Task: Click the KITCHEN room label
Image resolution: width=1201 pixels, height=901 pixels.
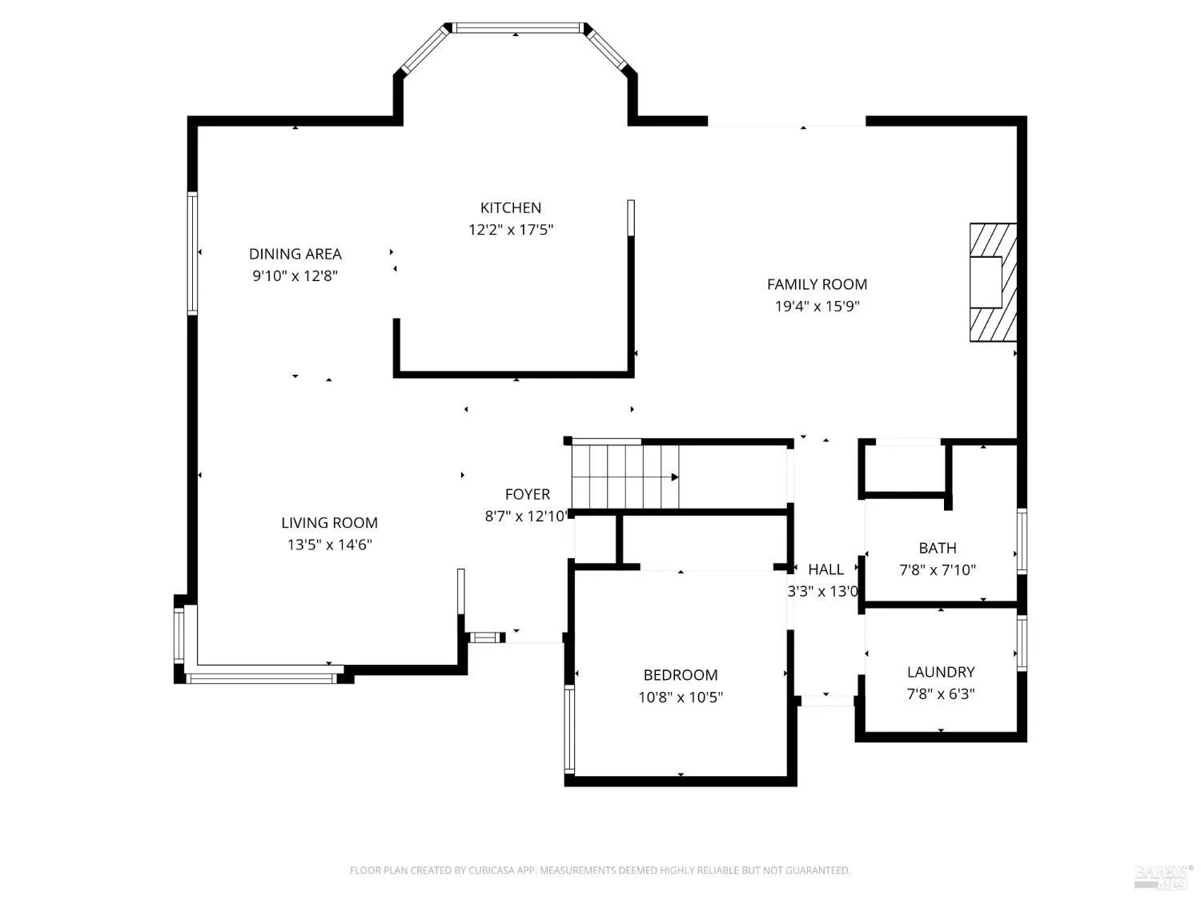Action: pos(511,208)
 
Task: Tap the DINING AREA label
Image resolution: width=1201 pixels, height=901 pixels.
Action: pos(295,254)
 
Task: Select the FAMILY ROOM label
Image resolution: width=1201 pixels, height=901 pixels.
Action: pos(817,284)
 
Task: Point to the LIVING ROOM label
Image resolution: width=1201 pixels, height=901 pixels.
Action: pos(329,523)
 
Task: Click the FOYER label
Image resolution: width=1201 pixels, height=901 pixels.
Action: pos(528,494)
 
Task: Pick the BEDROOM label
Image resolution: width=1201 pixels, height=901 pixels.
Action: pos(681,675)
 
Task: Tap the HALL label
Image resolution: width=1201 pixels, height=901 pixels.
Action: pos(825,569)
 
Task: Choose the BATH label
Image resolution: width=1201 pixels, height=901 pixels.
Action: pos(938,548)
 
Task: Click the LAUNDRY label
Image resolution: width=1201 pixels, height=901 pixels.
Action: pos(941,672)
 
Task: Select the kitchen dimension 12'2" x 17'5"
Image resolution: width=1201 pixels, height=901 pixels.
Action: pos(511,230)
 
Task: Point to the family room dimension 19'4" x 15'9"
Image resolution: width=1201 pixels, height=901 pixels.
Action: pos(817,307)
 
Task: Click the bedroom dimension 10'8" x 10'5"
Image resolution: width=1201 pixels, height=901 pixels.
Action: pos(681,697)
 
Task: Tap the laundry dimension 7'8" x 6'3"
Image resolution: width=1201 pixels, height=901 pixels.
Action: pos(941,694)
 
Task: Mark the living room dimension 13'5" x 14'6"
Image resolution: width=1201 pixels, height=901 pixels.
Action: pos(329,545)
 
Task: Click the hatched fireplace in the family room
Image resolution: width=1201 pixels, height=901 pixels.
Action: pos(993,282)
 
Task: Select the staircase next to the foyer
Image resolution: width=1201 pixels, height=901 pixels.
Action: pos(625,477)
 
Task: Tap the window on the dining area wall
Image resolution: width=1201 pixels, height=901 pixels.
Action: pos(192,253)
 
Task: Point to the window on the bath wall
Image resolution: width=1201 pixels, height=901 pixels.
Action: pos(1022,541)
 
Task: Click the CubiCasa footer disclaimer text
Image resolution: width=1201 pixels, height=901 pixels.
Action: pos(600,870)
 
